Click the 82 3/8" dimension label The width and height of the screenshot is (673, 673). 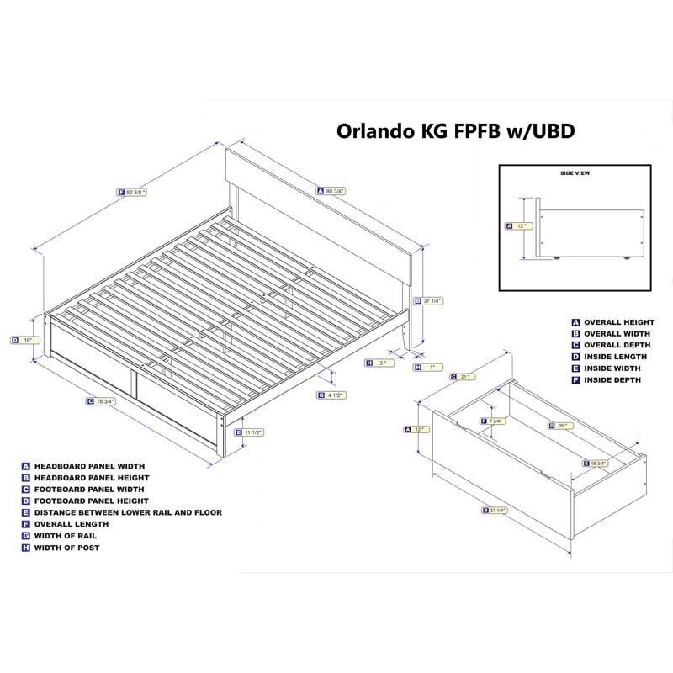click(134, 193)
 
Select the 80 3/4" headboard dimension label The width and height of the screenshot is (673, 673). click(332, 191)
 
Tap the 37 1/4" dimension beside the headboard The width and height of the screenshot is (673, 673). click(430, 299)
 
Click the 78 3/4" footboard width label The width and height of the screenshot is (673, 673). click(103, 401)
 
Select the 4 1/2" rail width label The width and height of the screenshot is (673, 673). click(332, 395)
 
